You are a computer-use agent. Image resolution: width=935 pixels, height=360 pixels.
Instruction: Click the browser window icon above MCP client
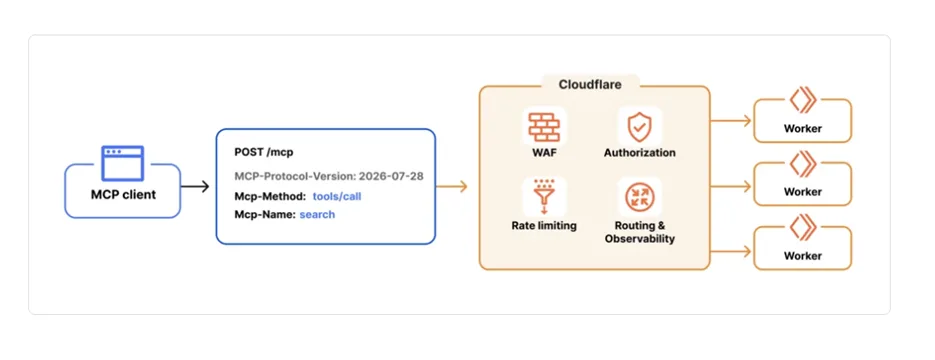tap(122, 163)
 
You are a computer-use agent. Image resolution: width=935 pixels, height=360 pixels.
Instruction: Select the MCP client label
tap(123, 194)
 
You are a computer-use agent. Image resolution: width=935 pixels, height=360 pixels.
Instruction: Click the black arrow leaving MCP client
tap(195, 187)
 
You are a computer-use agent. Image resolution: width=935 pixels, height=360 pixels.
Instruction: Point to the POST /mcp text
tap(264, 152)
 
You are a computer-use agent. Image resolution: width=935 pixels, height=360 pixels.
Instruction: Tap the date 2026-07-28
tap(391, 177)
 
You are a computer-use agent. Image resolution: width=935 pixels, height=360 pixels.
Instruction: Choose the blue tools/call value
tap(337, 196)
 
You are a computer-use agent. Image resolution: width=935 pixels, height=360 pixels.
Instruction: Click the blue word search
tap(317, 214)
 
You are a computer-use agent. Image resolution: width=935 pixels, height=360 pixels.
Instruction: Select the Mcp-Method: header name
tap(270, 196)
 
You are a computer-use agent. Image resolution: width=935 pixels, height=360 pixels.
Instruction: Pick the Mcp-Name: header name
tap(265, 214)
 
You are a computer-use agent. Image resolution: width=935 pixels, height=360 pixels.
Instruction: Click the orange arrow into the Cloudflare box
tap(451, 187)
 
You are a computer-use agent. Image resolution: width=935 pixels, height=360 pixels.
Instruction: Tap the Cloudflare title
tap(590, 85)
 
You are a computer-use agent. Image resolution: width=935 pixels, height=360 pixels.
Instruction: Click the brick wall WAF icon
tap(543, 126)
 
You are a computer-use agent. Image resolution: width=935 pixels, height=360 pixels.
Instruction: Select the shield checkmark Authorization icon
tap(639, 126)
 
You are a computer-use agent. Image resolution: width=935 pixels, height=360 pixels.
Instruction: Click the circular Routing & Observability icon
tap(639, 198)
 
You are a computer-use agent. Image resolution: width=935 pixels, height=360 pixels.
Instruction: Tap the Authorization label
tap(639, 153)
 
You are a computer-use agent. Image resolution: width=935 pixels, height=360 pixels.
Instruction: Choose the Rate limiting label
tap(544, 225)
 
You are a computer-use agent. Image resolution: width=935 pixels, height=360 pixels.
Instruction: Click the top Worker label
tap(803, 128)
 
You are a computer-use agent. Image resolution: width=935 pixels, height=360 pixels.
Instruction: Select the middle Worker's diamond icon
tap(803, 163)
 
